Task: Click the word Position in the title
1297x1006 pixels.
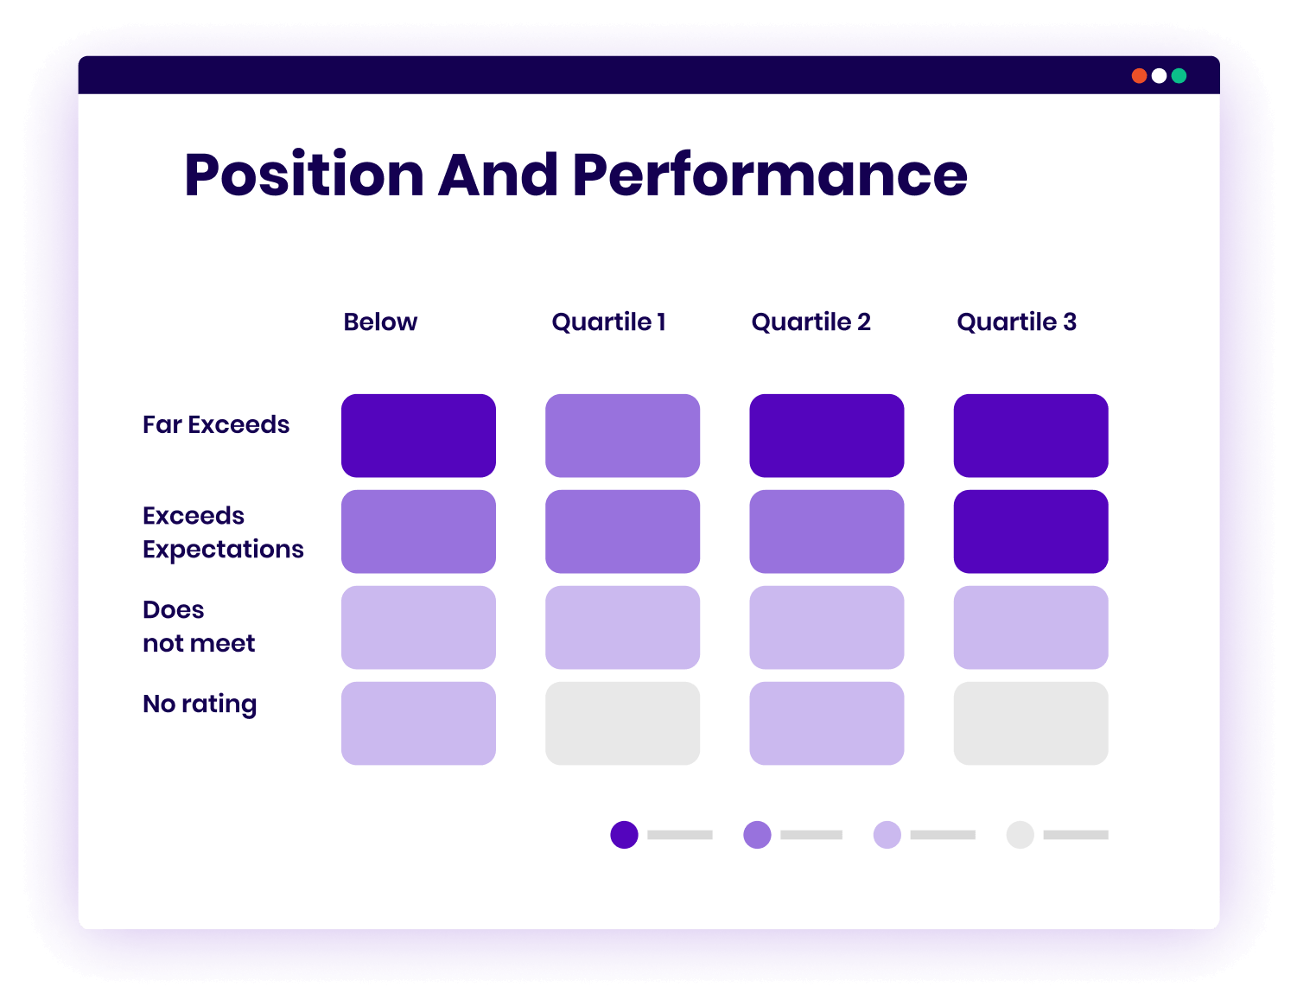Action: click(303, 175)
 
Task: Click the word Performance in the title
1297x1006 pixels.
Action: click(769, 175)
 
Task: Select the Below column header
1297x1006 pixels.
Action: click(380, 322)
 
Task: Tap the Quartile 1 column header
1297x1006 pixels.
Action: click(608, 322)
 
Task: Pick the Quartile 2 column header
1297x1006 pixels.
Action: click(811, 322)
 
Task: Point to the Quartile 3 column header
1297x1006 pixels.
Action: click(1016, 322)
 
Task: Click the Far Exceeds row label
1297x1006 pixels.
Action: click(216, 424)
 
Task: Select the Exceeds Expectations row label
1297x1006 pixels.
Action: click(223, 532)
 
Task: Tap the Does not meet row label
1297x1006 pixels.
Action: click(199, 626)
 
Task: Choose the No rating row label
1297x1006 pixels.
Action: click(200, 704)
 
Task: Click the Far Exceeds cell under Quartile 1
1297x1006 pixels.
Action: click(622, 436)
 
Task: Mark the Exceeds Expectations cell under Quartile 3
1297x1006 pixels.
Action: click(1031, 532)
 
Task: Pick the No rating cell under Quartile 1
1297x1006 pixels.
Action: click(622, 723)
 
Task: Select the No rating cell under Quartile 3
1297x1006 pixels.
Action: click(1031, 723)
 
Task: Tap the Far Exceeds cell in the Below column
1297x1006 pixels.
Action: click(418, 436)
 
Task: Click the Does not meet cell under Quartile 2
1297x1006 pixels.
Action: click(827, 627)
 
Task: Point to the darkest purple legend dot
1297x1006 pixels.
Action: click(624, 835)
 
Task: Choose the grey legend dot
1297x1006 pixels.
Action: click(1020, 835)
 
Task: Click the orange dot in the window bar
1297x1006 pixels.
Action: click(1139, 76)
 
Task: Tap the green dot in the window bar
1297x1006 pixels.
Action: click(1179, 76)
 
